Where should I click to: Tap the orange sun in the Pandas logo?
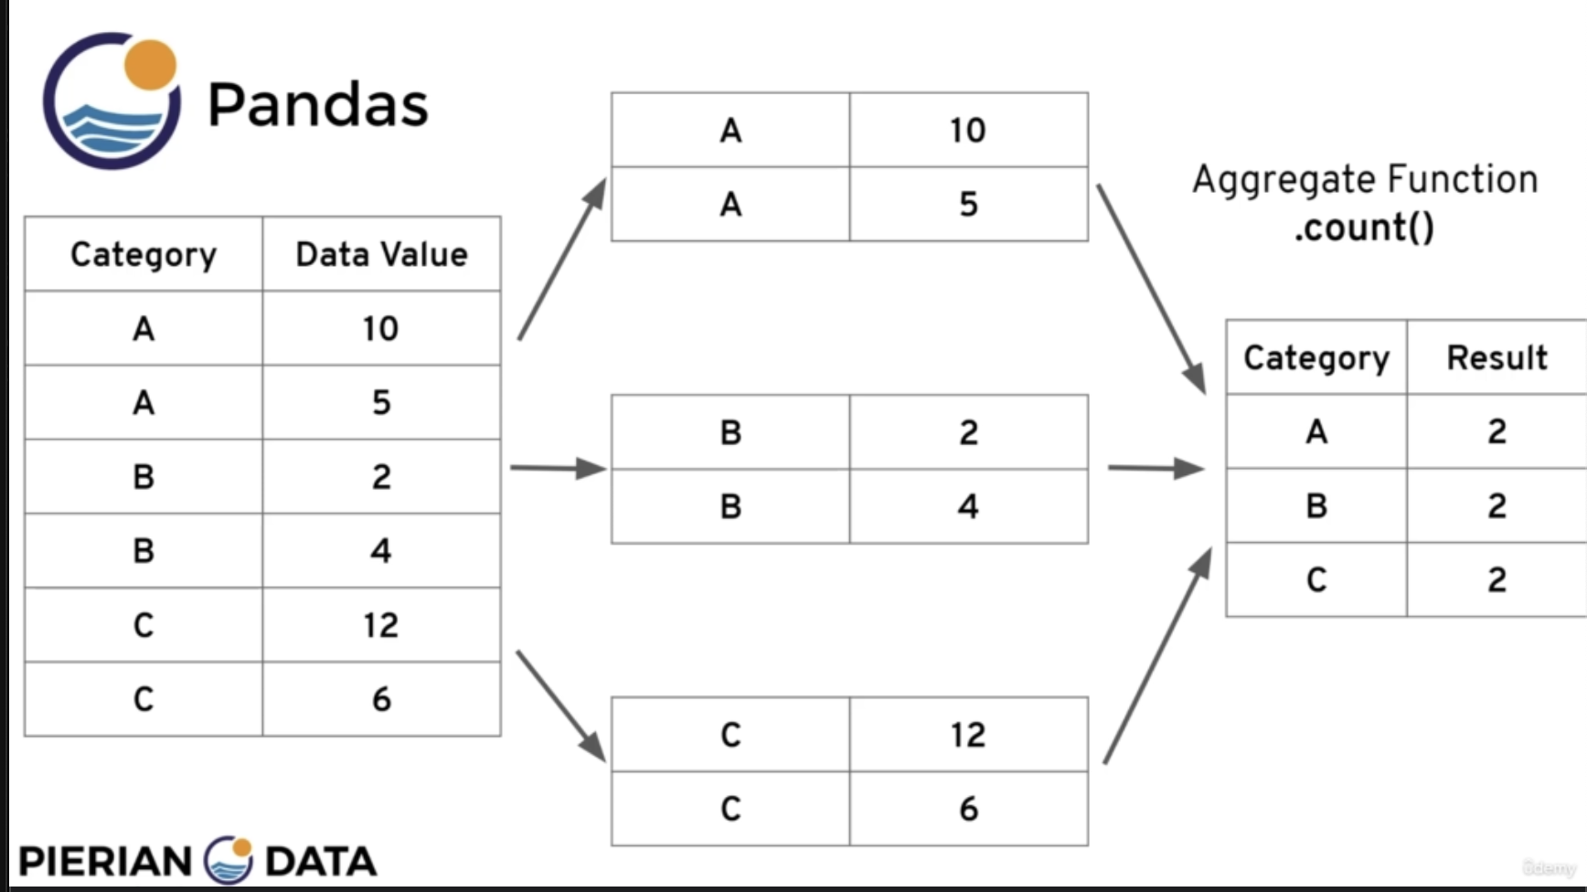(150, 64)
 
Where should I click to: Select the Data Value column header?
(381, 254)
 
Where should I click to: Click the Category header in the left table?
(144, 255)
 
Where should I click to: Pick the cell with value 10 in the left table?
(380, 328)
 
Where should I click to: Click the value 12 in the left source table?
(380, 625)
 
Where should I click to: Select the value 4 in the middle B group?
(968, 506)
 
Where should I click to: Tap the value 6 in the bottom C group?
(968, 809)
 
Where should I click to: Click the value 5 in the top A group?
(968, 204)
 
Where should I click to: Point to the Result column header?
(1496, 357)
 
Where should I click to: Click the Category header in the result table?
(1316, 358)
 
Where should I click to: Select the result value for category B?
(1496, 505)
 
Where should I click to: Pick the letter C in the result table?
(1316, 579)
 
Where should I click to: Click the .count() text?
(1364, 228)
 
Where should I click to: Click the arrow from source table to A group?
(562, 259)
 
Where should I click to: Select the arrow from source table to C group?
(561, 706)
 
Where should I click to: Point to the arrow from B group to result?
(1156, 468)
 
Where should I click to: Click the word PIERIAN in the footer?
(105, 862)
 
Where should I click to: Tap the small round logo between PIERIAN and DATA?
(229, 860)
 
